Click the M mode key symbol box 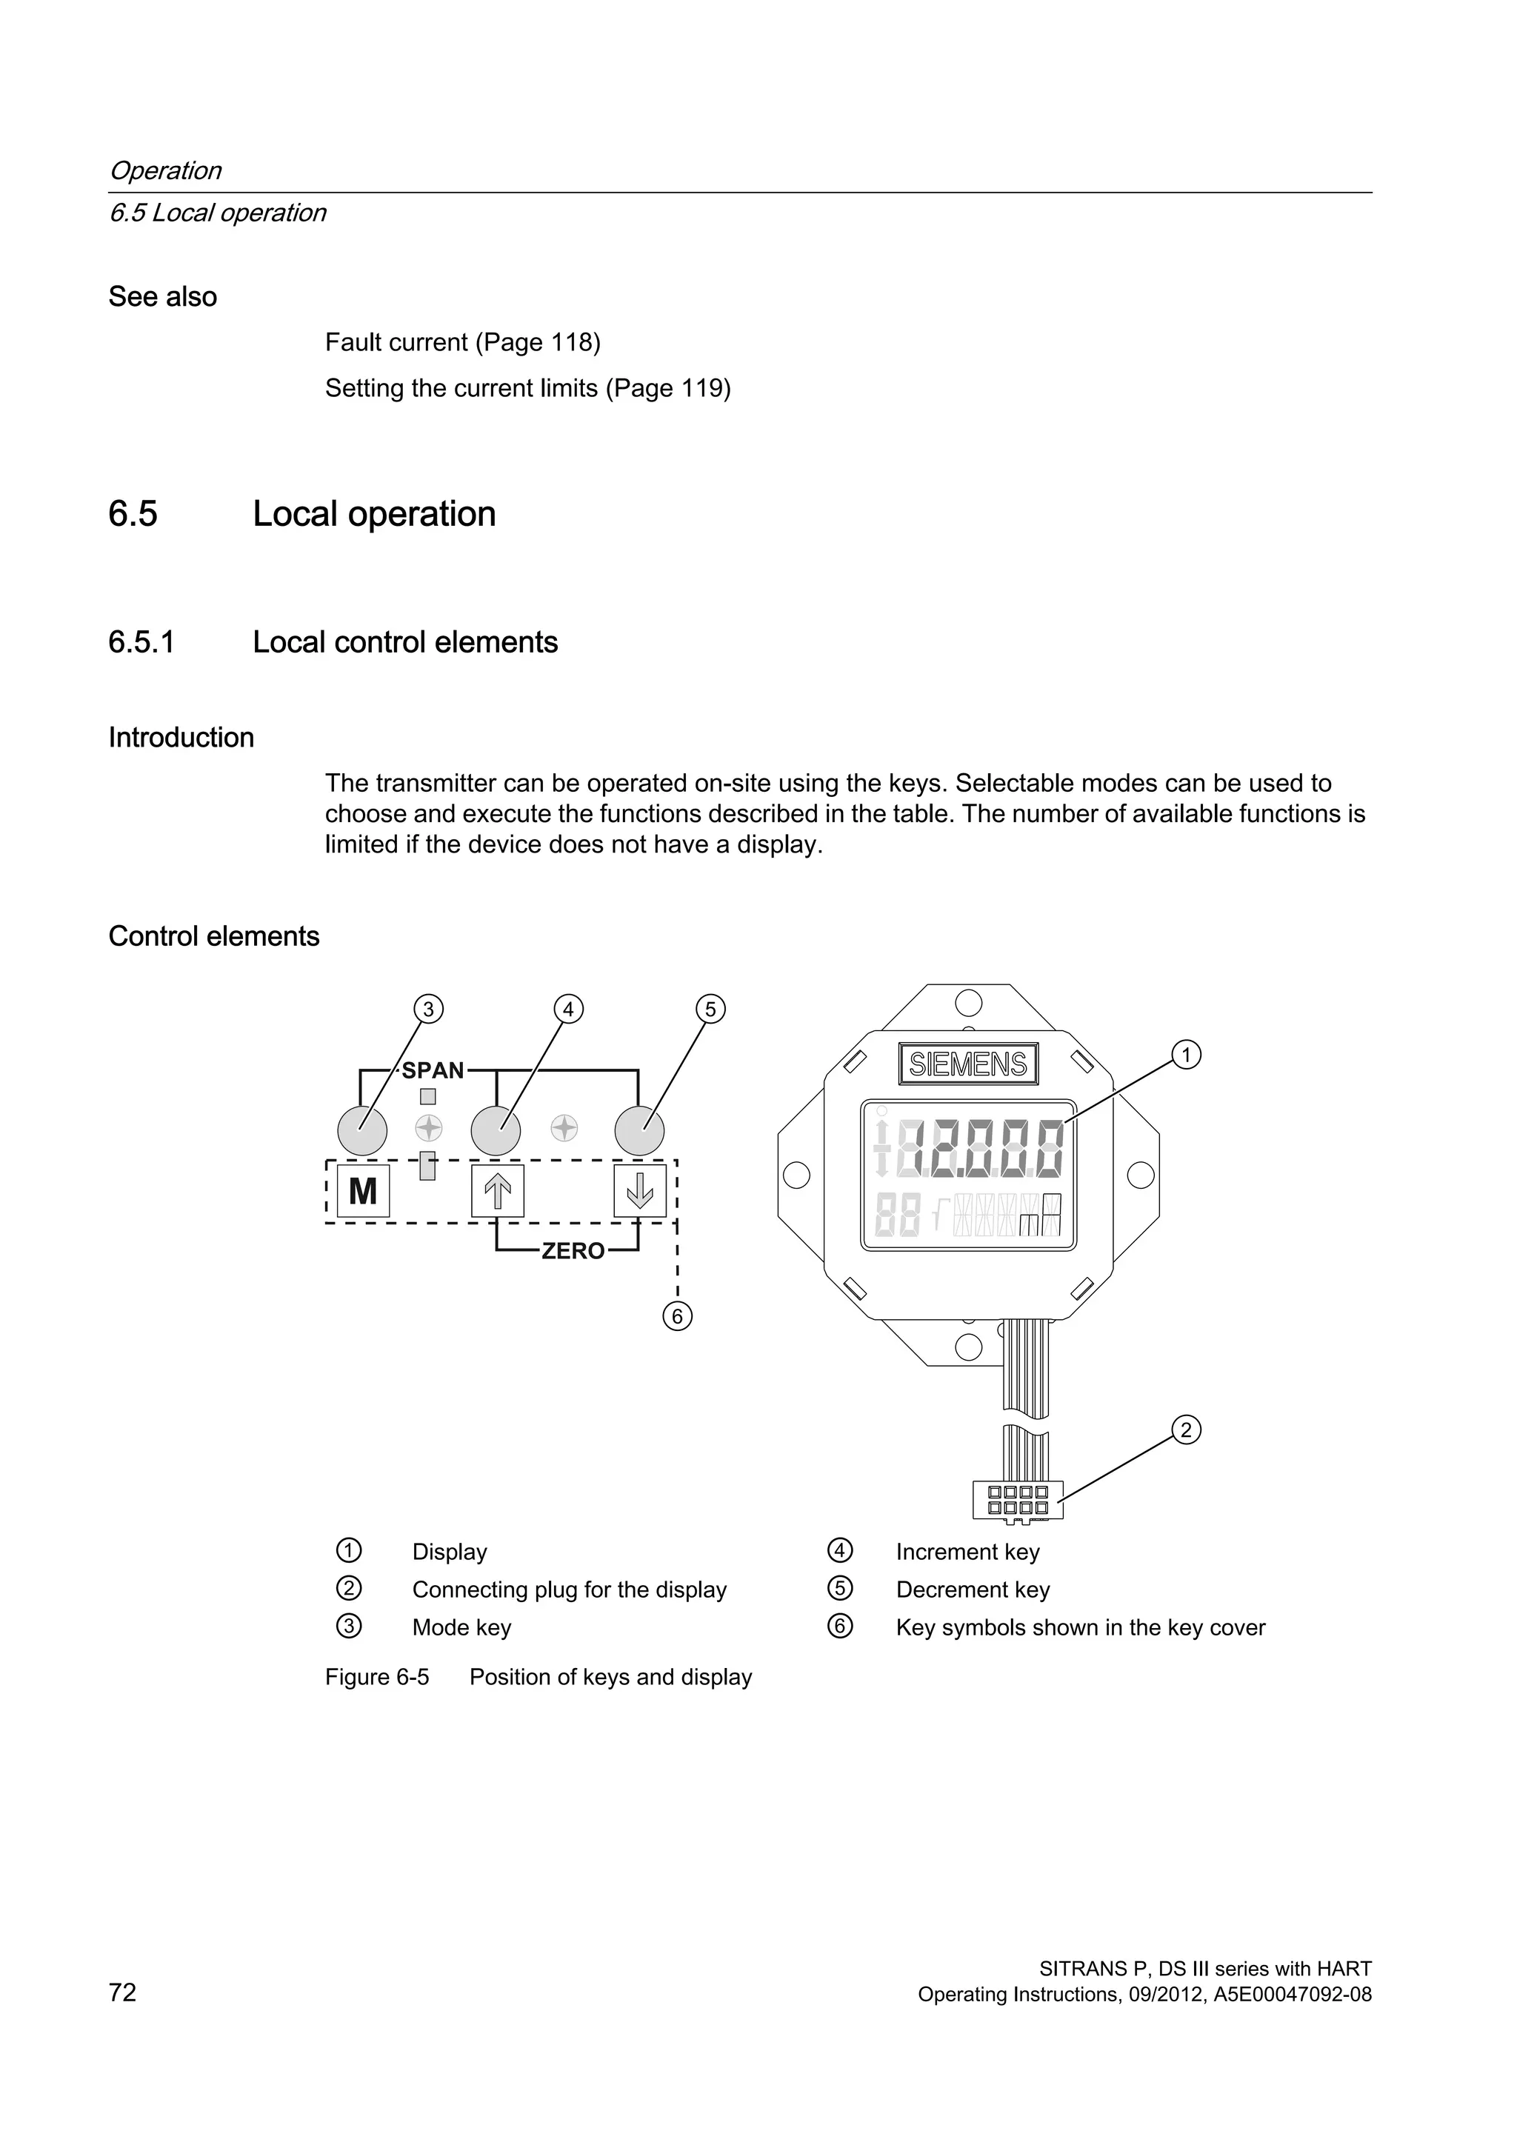362,1191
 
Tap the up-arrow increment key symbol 497,1191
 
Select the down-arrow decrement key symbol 640,1191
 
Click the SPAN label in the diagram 433,1070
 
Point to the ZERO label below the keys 573,1251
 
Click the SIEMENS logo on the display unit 967,1064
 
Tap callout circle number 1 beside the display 1185,1055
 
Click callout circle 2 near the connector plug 1185,1430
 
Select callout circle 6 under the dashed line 677,1316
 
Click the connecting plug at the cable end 1017,1499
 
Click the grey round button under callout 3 362,1130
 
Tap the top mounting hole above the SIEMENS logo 969,1004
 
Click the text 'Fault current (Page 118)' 462,343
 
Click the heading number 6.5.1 141,643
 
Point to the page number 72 122,1992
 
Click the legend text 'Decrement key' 973,1589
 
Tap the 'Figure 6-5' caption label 377,1677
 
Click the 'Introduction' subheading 181,737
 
